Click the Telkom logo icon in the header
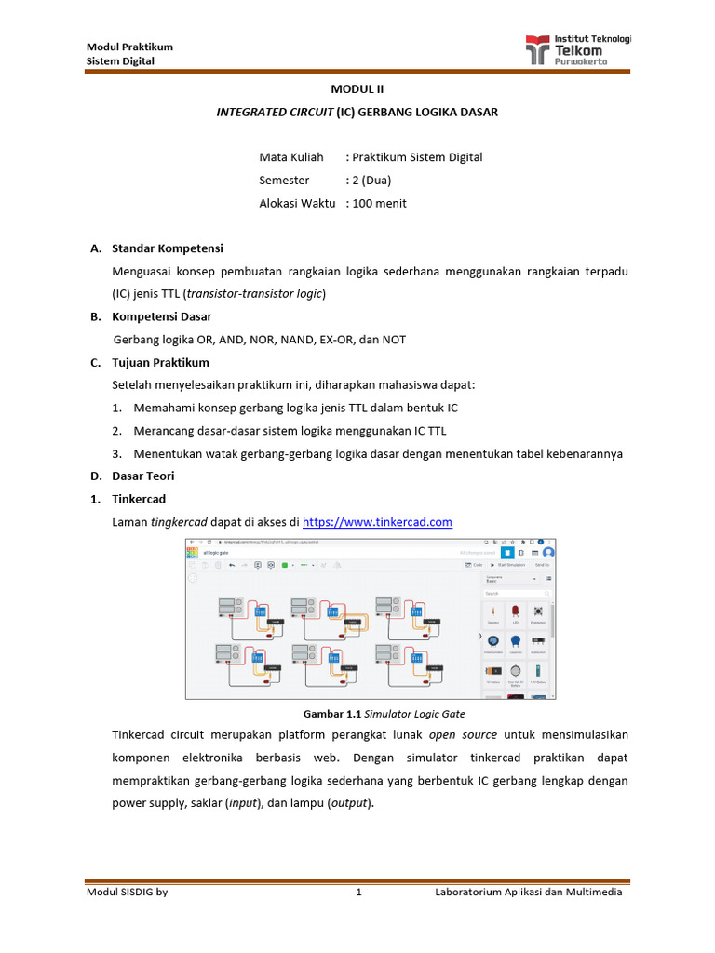coord(538,49)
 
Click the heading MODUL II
coord(357,89)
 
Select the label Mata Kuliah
coord(291,157)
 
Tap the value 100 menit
coord(379,203)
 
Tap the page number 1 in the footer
coord(357,893)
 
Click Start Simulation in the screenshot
coord(509,565)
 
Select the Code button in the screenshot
coord(474,565)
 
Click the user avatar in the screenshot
coord(548,552)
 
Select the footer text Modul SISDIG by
coord(128,893)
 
